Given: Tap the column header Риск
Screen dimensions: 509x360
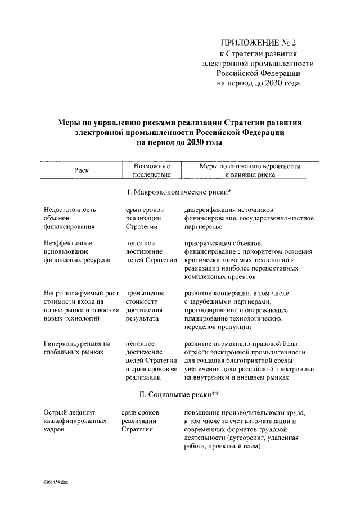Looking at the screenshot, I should coord(82,170).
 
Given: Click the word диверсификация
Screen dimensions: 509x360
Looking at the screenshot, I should coord(208,209).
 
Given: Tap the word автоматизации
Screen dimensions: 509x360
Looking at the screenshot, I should coord(274,421).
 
